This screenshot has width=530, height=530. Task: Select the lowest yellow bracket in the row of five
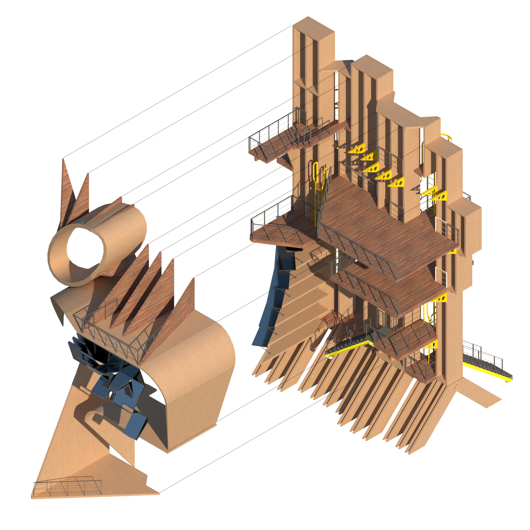click(x=396, y=182)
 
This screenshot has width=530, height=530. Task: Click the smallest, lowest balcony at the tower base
click(x=420, y=369)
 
